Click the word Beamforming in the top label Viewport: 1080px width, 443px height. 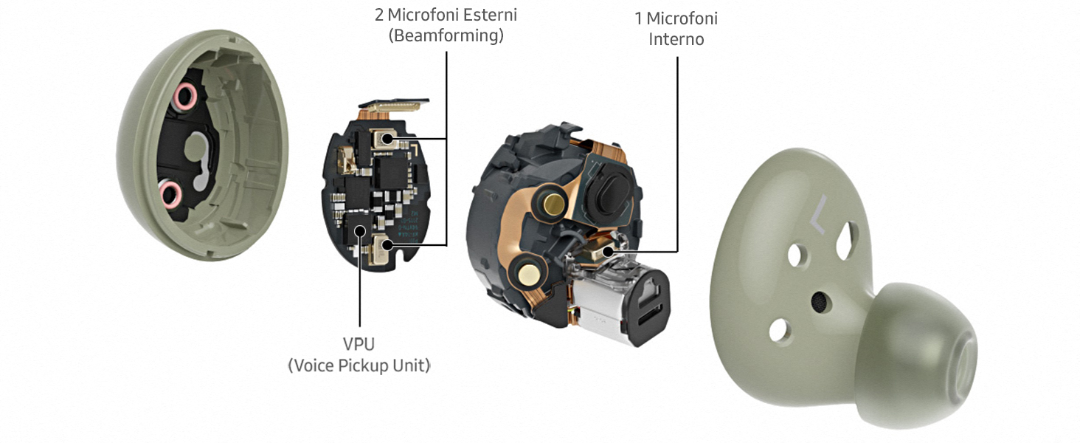coord(446,35)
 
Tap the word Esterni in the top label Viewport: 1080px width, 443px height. coord(488,15)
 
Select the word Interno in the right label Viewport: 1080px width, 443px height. coord(676,39)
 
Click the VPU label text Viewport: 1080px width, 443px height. coord(359,344)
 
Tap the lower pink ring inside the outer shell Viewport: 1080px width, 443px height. coord(170,196)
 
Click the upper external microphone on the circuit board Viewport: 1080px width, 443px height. coord(386,139)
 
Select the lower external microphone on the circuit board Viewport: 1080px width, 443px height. coord(385,245)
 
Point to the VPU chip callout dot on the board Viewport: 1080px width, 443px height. coord(360,230)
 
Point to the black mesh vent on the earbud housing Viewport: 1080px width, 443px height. coord(819,302)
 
